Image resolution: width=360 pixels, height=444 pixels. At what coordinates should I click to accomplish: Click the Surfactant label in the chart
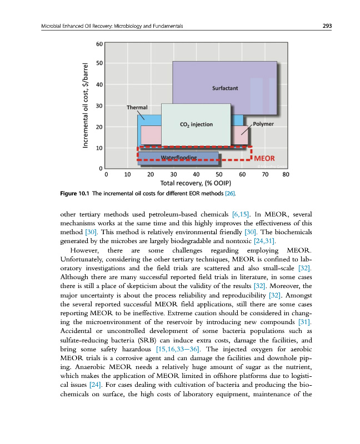[226, 88]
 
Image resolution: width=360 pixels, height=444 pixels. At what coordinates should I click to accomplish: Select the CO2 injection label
[196, 124]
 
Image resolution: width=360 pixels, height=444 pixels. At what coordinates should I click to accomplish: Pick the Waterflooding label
[178, 158]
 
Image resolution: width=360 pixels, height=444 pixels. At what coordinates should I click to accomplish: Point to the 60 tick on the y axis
[99, 43]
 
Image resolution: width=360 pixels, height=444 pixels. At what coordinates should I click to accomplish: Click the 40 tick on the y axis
[99, 85]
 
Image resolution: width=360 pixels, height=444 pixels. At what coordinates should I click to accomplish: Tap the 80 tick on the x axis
[286, 174]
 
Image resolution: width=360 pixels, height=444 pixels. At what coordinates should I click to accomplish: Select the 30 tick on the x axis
[173, 174]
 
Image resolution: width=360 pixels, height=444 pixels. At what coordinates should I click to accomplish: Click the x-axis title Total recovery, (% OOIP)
[192, 183]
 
